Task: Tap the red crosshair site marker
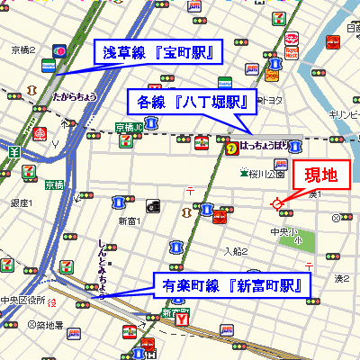point(277,204)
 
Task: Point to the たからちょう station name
point(75,94)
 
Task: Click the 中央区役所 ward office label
point(22,301)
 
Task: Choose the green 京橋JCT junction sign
point(130,128)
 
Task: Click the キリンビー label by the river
point(344,115)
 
